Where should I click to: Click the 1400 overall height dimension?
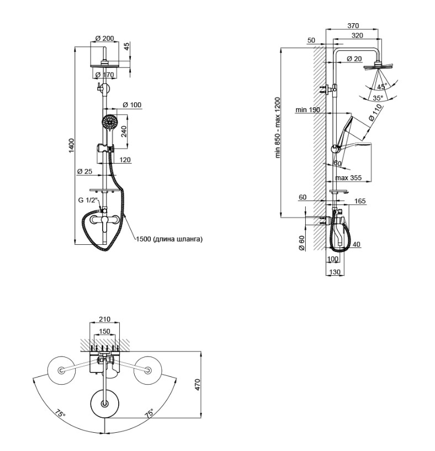(x=72, y=145)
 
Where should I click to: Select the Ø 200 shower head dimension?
(x=104, y=38)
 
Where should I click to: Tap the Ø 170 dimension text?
(x=104, y=75)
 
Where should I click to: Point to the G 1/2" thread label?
(x=88, y=200)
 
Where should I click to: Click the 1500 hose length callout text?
(x=169, y=239)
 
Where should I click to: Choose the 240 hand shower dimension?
(x=124, y=132)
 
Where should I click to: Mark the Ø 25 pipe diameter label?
(x=84, y=172)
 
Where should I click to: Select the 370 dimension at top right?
(x=353, y=25)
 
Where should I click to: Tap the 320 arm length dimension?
(x=357, y=35)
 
